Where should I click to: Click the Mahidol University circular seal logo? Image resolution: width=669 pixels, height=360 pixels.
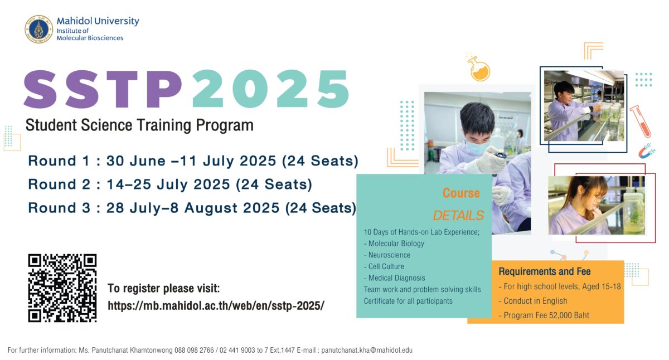point(39,29)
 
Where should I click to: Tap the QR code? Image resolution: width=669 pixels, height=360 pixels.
point(62,288)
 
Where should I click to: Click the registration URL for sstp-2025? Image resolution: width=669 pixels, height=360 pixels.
point(216,306)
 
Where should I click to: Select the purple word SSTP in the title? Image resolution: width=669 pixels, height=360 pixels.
point(103,89)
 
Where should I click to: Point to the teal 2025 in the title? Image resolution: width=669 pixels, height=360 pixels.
point(271,89)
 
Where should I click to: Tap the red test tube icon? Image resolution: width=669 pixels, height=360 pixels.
point(640,121)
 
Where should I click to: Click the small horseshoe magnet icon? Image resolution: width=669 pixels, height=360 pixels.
point(647,151)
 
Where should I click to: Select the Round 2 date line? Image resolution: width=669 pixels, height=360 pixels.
point(170,184)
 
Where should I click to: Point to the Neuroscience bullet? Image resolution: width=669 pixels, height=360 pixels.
point(387,255)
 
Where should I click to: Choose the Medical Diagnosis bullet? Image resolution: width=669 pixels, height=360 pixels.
point(395,278)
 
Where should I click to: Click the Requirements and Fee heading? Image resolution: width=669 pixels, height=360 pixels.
point(545,271)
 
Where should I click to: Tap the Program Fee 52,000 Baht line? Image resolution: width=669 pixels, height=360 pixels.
point(544,315)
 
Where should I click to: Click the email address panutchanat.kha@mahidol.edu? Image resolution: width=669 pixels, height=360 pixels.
point(367,350)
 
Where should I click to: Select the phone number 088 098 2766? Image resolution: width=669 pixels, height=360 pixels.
point(194,350)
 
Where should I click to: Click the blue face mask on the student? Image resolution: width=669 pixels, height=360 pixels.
point(477,147)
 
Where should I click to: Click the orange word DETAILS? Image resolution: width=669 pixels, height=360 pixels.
point(458,215)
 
